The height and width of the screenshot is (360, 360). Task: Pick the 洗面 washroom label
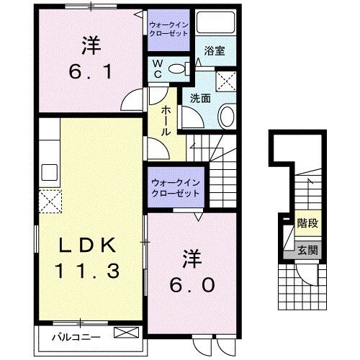[x=199, y=98]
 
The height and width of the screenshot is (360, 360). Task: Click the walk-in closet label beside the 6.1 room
[x=169, y=29]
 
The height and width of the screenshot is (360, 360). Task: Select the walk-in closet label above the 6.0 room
[x=176, y=189]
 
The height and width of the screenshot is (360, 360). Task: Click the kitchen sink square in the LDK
[x=50, y=172]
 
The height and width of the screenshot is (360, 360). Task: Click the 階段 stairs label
[x=308, y=223]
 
